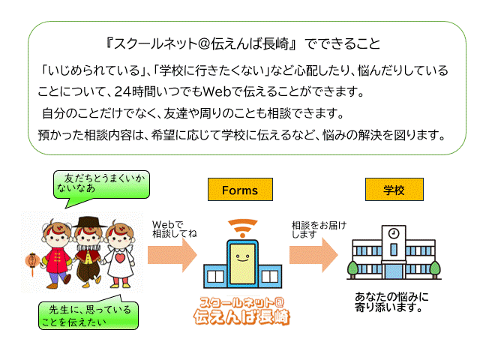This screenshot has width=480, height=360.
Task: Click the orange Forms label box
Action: (x=239, y=190)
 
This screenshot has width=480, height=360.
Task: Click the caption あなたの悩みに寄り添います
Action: (x=391, y=301)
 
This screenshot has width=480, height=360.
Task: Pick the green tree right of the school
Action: (x=434, y=267)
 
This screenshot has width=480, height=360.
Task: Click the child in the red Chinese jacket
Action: (x=56, y=251)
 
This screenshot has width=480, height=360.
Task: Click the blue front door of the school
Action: (x=393, y=267)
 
